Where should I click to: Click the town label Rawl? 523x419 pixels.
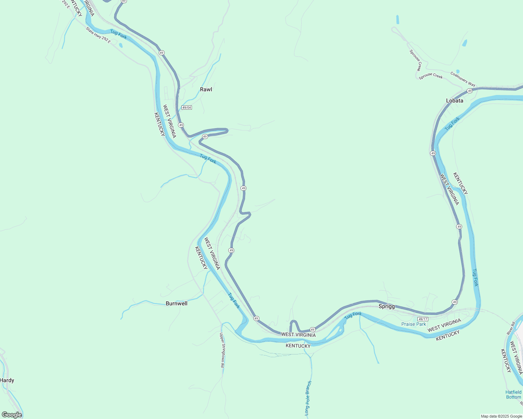click(206, 89)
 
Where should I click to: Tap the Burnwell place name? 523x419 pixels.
click(177, 303)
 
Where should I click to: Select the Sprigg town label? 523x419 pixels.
click(387, 306)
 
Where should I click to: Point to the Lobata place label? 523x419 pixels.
click(454, 101)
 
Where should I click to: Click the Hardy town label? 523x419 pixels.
click(7, 380)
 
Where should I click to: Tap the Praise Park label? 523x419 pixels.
click(414, 324)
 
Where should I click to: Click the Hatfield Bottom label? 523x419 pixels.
click(513, 395)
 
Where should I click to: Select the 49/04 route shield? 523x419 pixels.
click(187, 107)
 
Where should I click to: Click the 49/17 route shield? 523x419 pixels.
click(423, 319)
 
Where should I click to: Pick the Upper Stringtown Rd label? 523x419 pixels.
click(222, 350)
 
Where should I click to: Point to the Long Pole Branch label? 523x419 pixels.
click(308, 398)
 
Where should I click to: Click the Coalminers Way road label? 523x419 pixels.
click(463, 79)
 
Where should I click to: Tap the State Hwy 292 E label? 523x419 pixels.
click(98, 35)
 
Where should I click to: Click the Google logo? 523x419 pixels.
click(12, 415)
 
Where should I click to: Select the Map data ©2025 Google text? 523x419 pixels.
click(501, 416)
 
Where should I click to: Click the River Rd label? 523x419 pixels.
click(511, 329)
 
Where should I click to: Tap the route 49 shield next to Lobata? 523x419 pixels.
click(470, 91)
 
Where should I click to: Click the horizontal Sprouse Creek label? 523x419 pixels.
click(431, 76)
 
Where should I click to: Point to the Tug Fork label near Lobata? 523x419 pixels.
click(452, 124)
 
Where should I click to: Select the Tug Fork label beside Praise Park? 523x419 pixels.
click(353, 315)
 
